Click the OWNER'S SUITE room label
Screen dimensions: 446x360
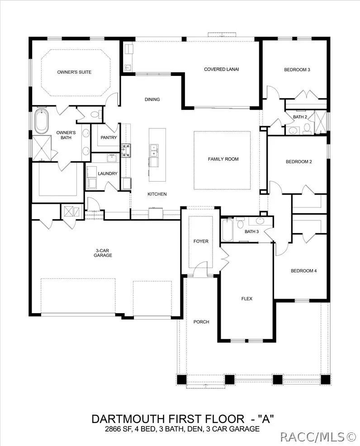[x=74, y=72]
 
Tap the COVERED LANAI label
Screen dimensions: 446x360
[x=221, y=69]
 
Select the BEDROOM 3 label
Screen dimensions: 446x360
[x=297, y=70]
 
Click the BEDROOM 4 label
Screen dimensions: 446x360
[x=303, y=271]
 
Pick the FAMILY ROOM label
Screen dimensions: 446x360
[x=223, y=159]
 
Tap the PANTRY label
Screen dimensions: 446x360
[x=109, y=138]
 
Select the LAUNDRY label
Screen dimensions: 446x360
[x=108, y=174]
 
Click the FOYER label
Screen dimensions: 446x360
[x=201, y=241]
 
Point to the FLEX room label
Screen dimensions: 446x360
[x=246, y=299]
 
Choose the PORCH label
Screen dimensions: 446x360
[x=201, y=322]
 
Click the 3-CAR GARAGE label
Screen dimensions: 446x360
[x=104, y=253]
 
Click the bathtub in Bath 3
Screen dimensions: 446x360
[x=227, y=231]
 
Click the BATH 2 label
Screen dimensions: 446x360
[x=300, y=117]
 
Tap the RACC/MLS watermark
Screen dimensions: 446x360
[x=318, y=437]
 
